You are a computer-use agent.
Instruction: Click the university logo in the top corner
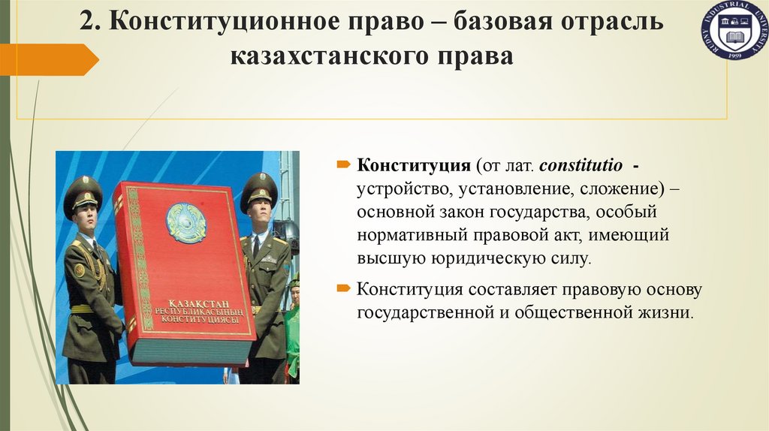point(734,32)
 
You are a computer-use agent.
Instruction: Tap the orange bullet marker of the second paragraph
point(342,289)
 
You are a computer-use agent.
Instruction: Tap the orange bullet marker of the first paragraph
point(342,164)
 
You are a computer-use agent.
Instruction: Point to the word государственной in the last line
point(430,312)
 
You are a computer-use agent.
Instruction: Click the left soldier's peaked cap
point(82,191)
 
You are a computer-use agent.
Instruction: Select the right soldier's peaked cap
point(258,188)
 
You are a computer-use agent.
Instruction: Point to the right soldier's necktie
point(257,245)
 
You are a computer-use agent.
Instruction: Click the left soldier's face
point(86,215)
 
